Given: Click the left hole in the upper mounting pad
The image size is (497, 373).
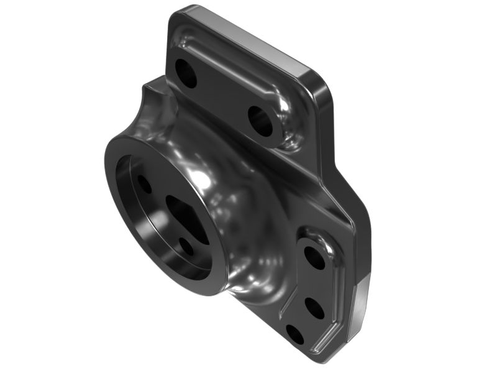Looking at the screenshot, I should point(186,73).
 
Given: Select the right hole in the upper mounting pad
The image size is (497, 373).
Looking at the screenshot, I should point(260,121).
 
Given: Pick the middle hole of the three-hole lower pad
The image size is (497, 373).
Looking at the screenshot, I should point(314,308).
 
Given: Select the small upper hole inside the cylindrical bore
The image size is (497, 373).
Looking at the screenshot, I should point(144,184).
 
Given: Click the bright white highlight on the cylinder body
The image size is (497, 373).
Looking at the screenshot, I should point(202,180).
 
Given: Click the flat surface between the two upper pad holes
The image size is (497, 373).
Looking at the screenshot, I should point(224,96).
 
